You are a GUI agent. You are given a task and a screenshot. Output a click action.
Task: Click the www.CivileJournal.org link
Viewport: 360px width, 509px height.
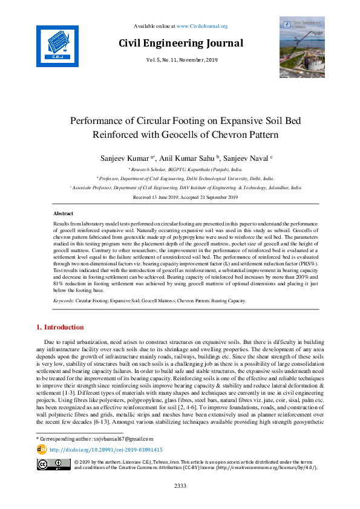point(202,26)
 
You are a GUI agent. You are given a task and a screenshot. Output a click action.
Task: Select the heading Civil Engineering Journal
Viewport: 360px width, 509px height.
point(181,43)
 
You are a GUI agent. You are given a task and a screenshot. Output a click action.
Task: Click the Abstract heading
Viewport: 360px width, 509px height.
point(64,214)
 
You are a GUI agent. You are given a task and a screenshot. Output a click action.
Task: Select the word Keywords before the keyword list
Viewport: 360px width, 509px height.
point(64,300)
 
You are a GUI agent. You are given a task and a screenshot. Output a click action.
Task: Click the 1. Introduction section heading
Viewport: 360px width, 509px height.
point(61,327)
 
